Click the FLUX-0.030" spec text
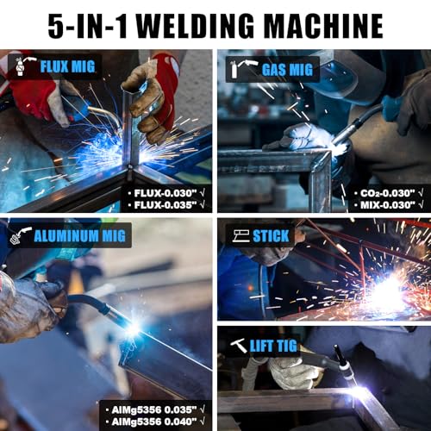tap(167, 195)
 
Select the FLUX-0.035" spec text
tap(167, 207)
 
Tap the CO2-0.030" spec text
tap(385, 195)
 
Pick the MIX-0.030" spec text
tap(385, 207)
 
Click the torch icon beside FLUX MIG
tap(23, 66)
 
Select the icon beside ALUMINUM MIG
tap(22, 234)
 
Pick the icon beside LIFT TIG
tap(238, 345)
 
